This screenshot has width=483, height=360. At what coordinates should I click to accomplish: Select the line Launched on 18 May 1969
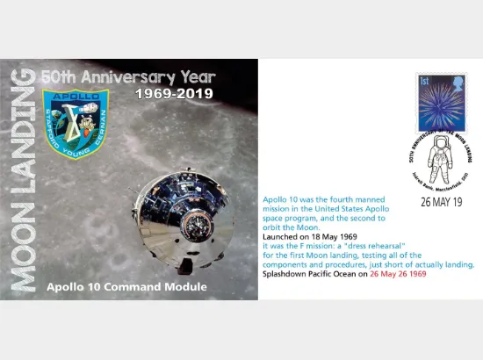coord(306,237)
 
